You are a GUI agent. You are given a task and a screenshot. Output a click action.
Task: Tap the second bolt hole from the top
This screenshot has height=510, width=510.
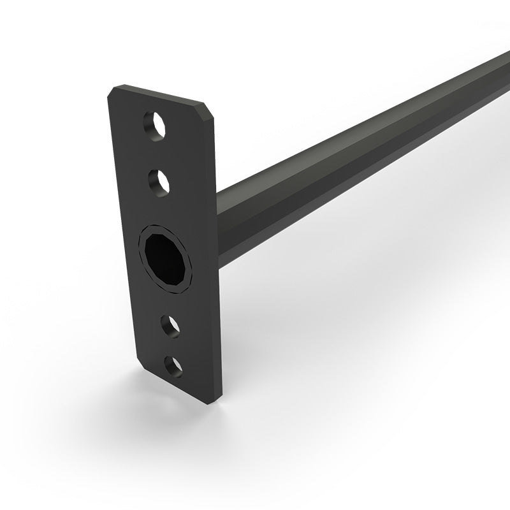tap(159, 181)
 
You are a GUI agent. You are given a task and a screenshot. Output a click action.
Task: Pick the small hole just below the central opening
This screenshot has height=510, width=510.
tap(170, 325)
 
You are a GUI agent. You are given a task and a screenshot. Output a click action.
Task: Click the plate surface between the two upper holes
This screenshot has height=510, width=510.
tap(157, 153)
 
